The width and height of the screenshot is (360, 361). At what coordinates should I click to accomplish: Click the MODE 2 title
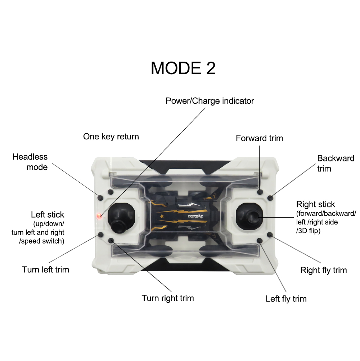pyautogui.click(x=183, y=68)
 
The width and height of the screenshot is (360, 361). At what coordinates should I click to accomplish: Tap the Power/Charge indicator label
pyautogui.click(x=210, y=101)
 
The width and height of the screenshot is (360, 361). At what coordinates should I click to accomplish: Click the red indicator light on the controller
pyautogui.click(x=99, y=216)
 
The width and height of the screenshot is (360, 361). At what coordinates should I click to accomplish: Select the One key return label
pyautogui.click(x=111, y=137)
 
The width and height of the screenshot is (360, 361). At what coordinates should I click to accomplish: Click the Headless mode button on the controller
pyautogui.click(x=100, y=198)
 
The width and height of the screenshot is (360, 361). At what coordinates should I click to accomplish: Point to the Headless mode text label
pyautogui.click(x=30, y=162)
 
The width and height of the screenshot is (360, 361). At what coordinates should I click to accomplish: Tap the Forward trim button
pyautogui.click(x=260, y=192)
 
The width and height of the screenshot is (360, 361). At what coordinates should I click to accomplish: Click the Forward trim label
pyautogui.click(x=260, y=138)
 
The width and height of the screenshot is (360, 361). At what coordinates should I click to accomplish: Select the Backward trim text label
pyautogui.click(x=336, y=163)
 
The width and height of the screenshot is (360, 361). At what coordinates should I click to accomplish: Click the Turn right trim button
pyautogui.click(x=111, y=241)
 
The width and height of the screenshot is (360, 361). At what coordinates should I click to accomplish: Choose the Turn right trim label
pyautogui.click(x=168, y=298)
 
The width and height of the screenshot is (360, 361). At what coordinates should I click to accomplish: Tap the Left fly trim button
pyautogui.click(x=260, y=241)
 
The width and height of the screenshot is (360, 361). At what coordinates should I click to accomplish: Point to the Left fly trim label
pyautogui.click(x=286, y=299)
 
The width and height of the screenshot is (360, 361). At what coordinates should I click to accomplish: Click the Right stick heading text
pyautogui.click(x=316, y=204)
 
